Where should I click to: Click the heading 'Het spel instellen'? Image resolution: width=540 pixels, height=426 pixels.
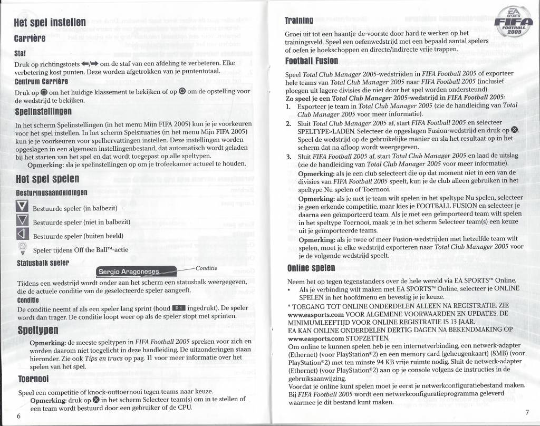[50, 25]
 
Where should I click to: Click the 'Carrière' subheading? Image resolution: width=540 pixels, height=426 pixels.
[32, 39]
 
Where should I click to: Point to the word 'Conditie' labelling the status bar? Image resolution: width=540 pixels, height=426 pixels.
[206, 268]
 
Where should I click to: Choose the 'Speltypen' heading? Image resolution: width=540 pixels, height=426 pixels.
[39, 332]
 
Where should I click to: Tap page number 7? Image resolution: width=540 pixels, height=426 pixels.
[527, 412]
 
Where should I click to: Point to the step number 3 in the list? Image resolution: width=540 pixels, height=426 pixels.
[288, 157]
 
